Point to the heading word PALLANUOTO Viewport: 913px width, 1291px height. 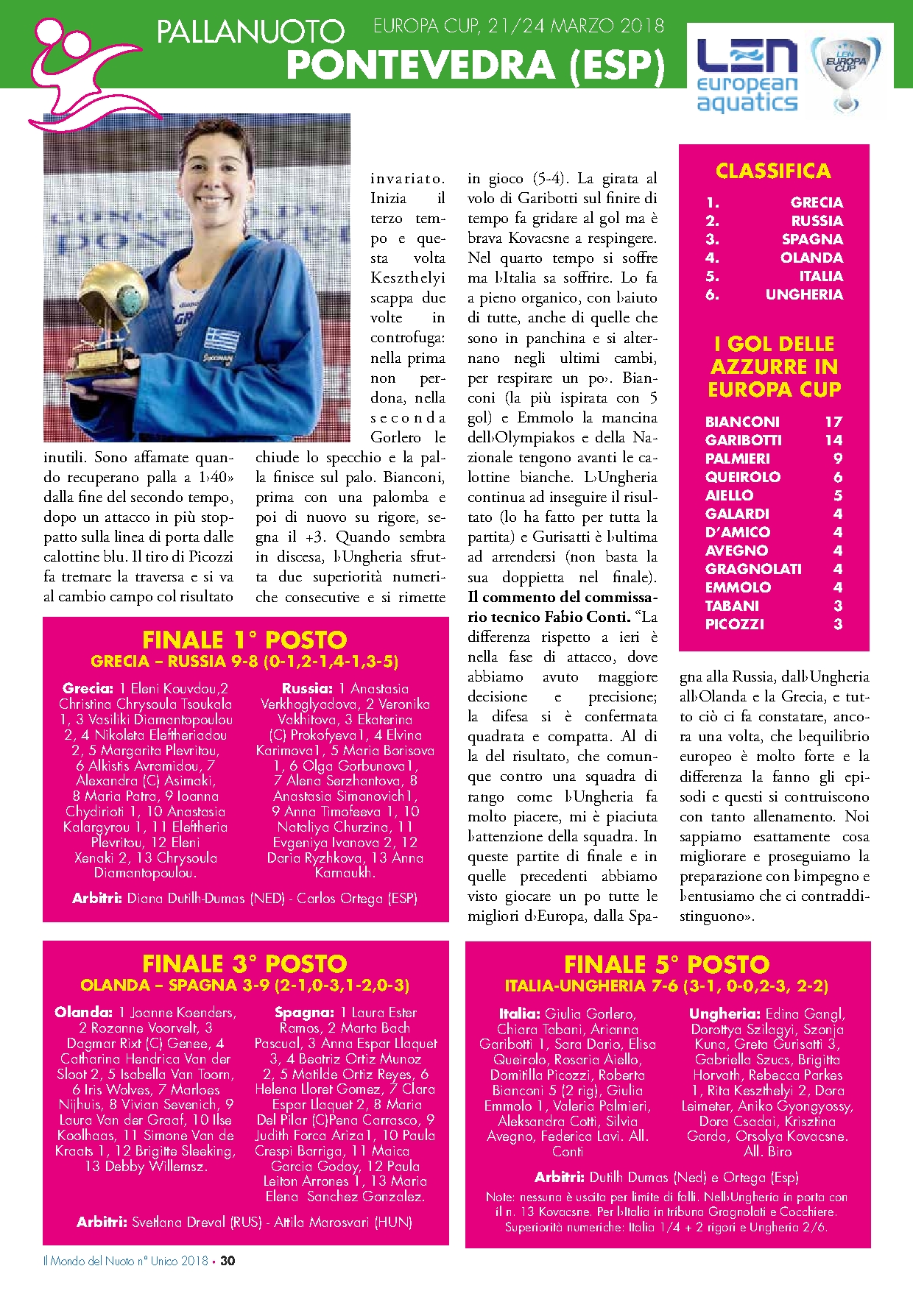(x=250, y=32)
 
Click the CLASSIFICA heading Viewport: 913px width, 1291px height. (x=773, y=171)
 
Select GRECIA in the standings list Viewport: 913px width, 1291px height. (x=817, y=202)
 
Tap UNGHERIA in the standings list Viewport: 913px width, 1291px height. (x=804, y=294)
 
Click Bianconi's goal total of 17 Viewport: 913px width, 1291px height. (x=833, y=422)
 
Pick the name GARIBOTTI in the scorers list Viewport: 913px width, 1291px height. (x=743, y=440)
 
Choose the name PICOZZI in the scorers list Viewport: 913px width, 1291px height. (x=734, y=624)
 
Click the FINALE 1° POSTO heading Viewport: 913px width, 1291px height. (x=244, y=640)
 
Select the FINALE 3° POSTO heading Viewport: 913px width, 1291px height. (x=244, y=963)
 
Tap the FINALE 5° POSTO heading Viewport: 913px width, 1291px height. (x=667, y=964)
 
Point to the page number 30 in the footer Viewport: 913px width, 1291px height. (x=228, y=1261)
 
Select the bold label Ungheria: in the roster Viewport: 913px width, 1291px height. (x=725, y=1014)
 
